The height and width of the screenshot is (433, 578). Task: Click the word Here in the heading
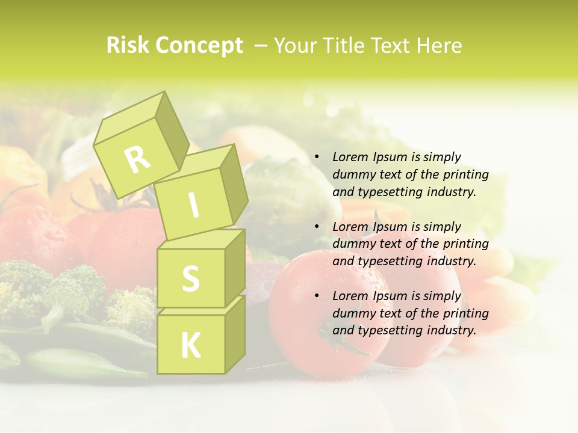(439, 46)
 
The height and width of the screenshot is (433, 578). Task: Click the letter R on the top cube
(137, 159)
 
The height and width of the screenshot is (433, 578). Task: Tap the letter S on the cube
(190, 278)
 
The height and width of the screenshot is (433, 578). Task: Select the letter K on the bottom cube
(190, 345)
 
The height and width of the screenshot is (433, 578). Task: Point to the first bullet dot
(317, 158)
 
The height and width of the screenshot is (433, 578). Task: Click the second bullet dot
(317, 227)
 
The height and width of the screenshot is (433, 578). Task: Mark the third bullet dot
(317, 296)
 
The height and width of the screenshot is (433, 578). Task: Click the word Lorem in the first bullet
(349, 157)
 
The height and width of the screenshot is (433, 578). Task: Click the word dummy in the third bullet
(352, 313)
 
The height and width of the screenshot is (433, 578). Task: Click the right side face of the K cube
(235, 334)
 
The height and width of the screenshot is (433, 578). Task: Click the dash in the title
(261, 46)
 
